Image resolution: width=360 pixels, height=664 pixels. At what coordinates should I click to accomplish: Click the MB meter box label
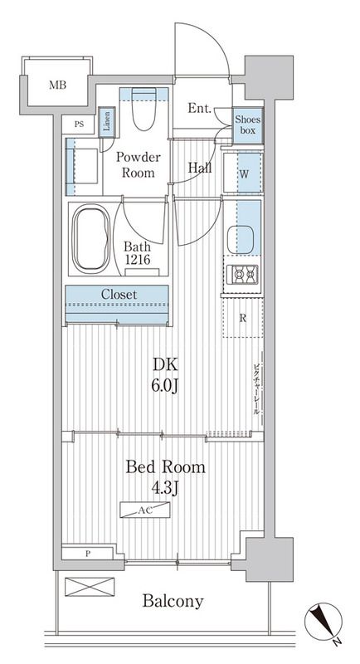click(57, 85)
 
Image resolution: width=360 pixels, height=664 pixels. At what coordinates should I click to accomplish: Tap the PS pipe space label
click(79, 124)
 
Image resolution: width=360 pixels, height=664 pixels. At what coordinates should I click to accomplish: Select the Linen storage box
click(107, 122)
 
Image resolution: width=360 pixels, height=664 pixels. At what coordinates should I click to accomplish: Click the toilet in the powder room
click(144, 110)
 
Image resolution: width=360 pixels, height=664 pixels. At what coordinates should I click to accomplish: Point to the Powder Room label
click(139, 165)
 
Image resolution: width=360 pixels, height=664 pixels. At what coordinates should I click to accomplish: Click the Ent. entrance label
click(199, 109)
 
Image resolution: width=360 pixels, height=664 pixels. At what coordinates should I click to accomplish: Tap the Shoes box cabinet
click(248, 125)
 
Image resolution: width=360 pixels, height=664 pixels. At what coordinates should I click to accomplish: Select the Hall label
click(200, 168)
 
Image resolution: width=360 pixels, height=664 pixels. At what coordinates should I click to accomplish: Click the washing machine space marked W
click(242, 173)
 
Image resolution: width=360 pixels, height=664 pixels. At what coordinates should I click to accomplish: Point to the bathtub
click(91, 239)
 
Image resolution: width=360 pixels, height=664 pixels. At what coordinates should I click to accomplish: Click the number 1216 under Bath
click(137, 259)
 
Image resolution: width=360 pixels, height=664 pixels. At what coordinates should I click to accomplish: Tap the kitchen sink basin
click(240, 240)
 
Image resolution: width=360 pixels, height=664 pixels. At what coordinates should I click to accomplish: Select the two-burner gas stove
click(242, 275)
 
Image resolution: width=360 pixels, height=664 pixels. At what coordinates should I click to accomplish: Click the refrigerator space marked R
click(243, 318)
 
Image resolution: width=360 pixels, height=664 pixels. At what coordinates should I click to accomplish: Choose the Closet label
click(119, 295)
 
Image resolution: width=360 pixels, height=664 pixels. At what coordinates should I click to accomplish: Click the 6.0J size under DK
click(165, 386)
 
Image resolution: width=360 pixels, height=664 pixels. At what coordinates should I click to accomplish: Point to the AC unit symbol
click(144, 510)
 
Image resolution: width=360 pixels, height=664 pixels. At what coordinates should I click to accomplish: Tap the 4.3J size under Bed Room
click(165, 488)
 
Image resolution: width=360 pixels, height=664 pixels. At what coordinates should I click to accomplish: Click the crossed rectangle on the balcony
click(90, 587)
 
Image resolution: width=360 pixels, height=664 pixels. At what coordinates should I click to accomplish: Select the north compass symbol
click(324, 621)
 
